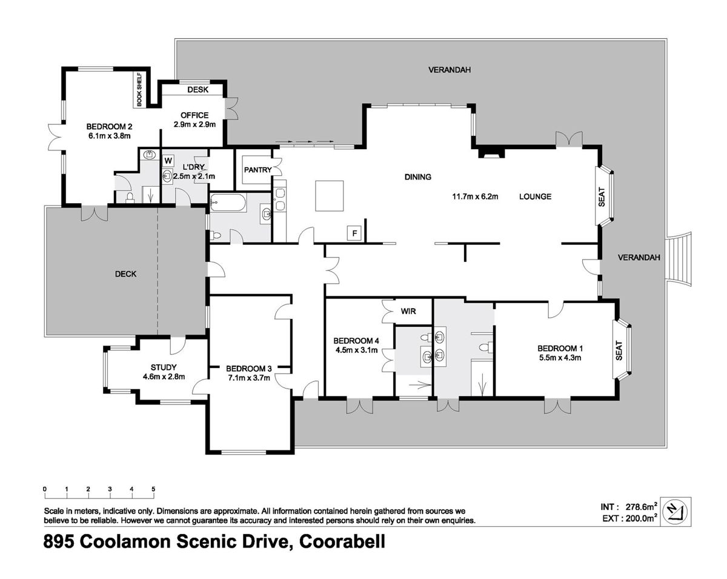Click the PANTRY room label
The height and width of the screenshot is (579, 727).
[257, 170]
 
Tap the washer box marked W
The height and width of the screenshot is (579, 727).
[168, 160]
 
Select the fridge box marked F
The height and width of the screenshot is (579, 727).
[354, 233]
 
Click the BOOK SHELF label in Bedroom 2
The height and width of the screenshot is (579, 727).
[139, 90]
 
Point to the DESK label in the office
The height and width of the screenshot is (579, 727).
[198, 90]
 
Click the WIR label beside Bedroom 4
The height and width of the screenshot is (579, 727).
[408, 311]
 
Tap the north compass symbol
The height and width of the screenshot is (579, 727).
[676, 512]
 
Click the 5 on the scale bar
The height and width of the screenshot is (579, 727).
[153, 489]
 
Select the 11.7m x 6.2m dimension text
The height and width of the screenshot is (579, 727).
[475, 196]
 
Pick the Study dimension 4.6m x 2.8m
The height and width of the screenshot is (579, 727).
[164, 377]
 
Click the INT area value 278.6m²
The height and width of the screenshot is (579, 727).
[641, 507]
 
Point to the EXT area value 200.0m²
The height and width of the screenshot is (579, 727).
[641, 518]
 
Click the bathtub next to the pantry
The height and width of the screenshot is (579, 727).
[228, 202]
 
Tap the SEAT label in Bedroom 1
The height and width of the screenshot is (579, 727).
[619, 350]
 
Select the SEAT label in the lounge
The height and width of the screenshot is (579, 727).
[602, 197]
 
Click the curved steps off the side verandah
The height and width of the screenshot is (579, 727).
[678, 259]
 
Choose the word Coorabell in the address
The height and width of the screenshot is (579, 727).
[342, 541]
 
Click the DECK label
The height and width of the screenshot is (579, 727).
[125, 274]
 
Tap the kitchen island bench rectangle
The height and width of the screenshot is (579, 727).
[330, 196]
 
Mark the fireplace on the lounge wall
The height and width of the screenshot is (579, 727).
[491, 152]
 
